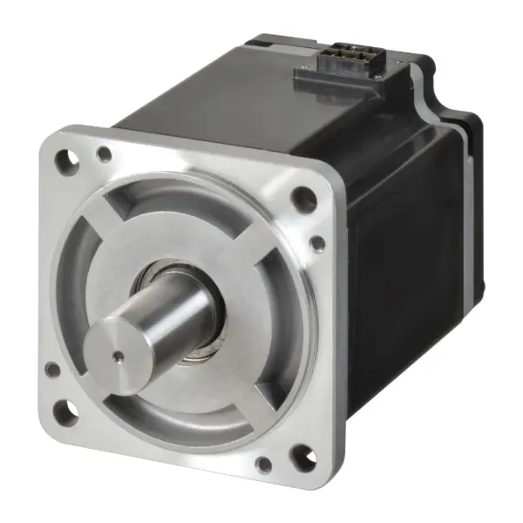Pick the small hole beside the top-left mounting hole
[x=105, y=155]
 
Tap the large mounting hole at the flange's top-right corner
[x=303, y=200]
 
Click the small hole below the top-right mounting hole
[x=319, y=241]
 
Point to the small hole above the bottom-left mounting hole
[x=54, y=370]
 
